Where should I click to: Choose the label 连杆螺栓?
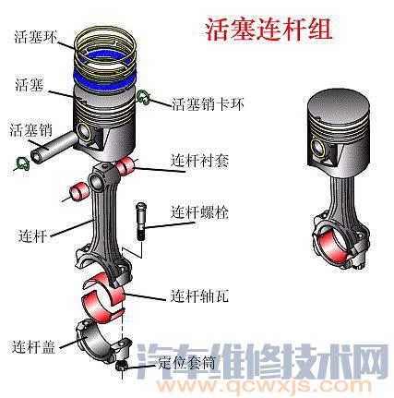(199, 212)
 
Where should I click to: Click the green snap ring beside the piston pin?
(22, 164)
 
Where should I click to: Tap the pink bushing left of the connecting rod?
(75, 194)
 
